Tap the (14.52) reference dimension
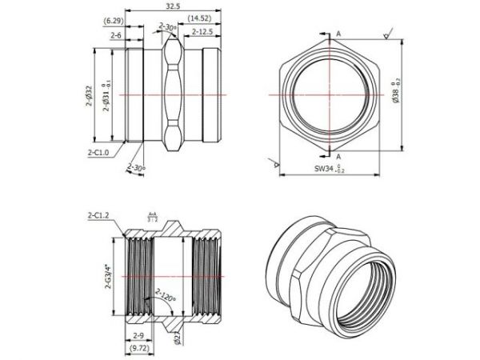(200, 18)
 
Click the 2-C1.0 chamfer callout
(102, 150)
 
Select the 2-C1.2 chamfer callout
(100, 215)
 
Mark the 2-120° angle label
(168, 298)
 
